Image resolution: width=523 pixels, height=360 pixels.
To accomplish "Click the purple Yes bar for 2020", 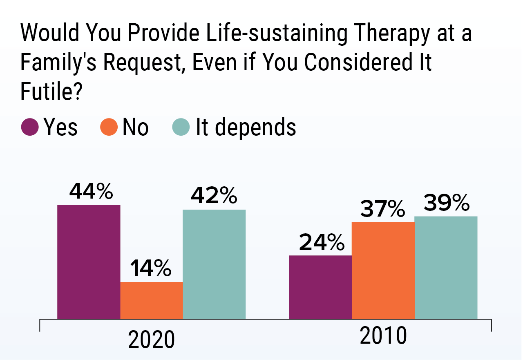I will click(89, 262).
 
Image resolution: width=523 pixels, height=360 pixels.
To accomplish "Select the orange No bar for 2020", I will click(152, 300).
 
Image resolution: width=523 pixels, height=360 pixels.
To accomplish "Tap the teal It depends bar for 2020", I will click(214, 264).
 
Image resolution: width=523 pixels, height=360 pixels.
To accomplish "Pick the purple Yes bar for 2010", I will click(320, 287).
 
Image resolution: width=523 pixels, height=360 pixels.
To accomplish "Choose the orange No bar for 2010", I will click(383, 270).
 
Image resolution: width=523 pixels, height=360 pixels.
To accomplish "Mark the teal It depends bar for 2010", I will click(446, 267).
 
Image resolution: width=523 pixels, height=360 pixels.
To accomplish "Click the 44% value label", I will click(91, 192).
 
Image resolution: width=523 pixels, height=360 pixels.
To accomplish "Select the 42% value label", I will click(214, 197).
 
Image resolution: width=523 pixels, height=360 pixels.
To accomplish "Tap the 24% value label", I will click(321, 243).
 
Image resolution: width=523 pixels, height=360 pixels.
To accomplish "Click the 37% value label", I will click(382, 209).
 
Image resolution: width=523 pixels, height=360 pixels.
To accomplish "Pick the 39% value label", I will click(446, 203).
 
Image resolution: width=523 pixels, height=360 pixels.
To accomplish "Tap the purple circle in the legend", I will click(30, 127).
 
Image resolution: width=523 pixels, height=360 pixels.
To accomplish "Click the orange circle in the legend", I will click(109, 127).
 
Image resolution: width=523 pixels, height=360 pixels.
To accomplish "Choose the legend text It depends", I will click(246, 127).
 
